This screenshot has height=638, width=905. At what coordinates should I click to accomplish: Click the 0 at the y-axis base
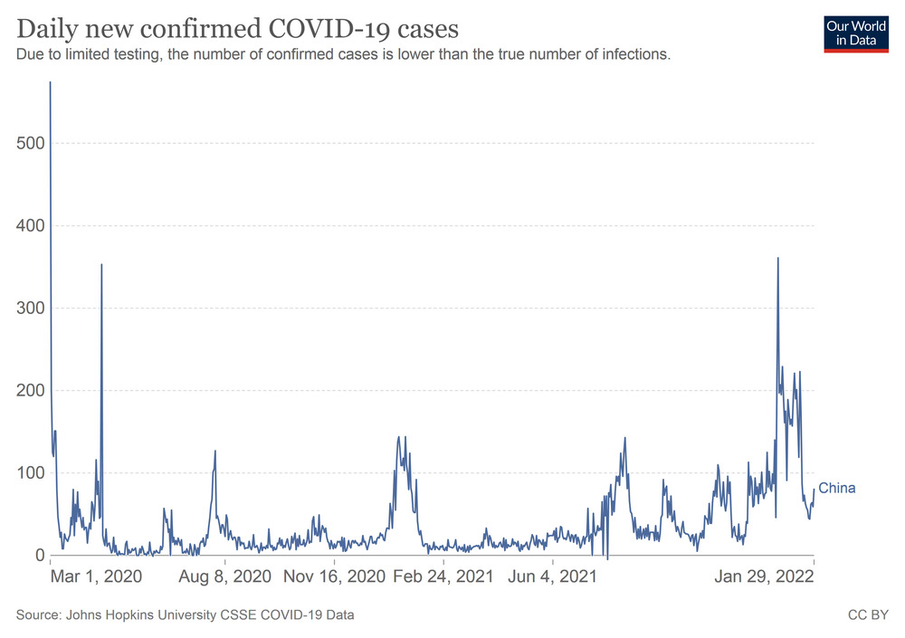tap(39, 555)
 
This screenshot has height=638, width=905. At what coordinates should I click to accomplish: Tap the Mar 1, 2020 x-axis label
tap(96, 576)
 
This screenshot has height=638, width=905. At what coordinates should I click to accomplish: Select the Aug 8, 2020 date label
tap(225, 576)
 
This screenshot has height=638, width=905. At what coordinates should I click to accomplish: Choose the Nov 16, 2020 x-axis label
tap(334, 576)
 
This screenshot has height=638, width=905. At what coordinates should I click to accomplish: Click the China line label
tap(836, 489)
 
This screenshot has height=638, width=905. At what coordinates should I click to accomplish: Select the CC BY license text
tap(868, 615)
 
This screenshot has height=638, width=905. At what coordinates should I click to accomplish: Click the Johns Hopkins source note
tap(185, 615)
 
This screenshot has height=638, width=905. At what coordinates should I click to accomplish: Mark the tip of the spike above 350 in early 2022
tap(778, 259)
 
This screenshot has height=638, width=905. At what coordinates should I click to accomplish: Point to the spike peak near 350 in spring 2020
tap(101, 265)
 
